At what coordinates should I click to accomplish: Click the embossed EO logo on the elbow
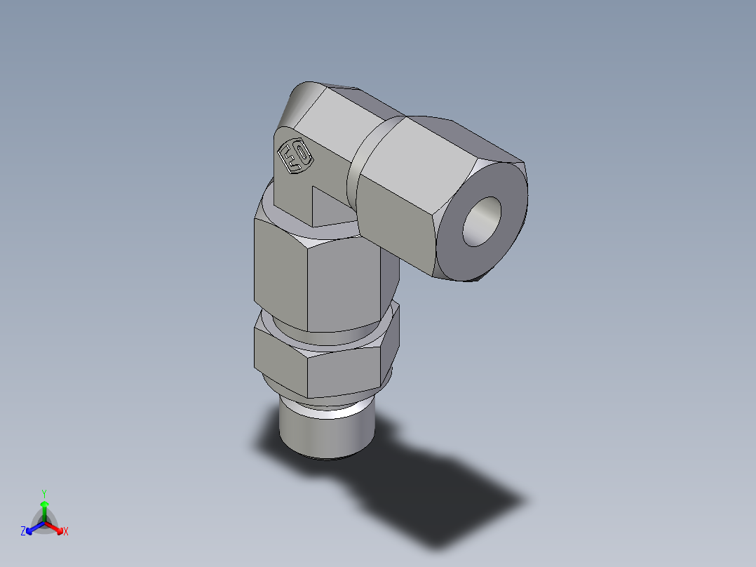coord(295,156)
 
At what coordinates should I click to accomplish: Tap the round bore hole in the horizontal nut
coord(482,221)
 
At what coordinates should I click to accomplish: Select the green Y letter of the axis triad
coord(44,493)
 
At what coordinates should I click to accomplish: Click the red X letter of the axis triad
coord(66,532)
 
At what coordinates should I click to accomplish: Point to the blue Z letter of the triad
coord(23,532)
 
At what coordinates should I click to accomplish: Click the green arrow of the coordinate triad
coord(44,509)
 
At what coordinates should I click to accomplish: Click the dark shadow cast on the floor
coord(435,491)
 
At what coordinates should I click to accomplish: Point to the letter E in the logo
coord(288,152)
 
